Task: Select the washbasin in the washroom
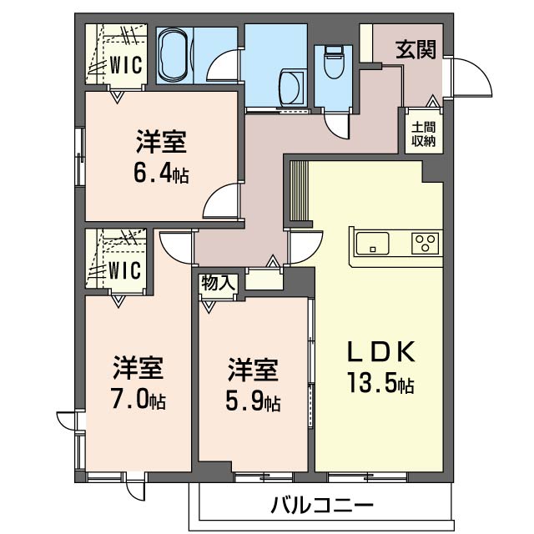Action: tap(291, 87)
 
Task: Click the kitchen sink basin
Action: tap(372, 243)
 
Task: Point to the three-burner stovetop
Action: tap(425, 243)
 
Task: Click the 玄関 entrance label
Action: tap(416, 50)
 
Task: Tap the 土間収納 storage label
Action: tap(424, 133)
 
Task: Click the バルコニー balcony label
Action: tap(322, 505)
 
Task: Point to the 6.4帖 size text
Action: tap(161, 175)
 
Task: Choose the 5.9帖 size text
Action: tap(253, 402)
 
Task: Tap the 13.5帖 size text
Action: tap(380, 384)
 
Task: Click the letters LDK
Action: tap(380, 351)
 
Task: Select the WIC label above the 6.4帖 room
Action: tap(126, 65)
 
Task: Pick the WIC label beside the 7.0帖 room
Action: tap(124, 270)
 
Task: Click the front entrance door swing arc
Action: tap(481, 69)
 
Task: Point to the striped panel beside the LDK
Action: tap(299, 191)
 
